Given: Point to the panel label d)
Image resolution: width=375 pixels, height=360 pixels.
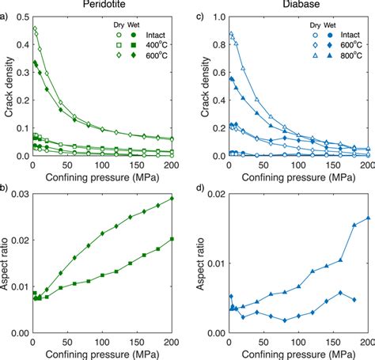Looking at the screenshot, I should pyautogui.click(x=201, y=187).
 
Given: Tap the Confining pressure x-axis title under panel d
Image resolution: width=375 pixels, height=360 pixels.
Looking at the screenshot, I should pyautogui.click(x=297, y=354).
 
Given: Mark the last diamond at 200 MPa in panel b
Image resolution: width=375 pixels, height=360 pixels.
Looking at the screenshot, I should pyautogui.click(x=172, y=198).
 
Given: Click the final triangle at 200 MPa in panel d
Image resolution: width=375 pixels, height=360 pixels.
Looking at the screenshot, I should pyautogui.click(x=368, y=218).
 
